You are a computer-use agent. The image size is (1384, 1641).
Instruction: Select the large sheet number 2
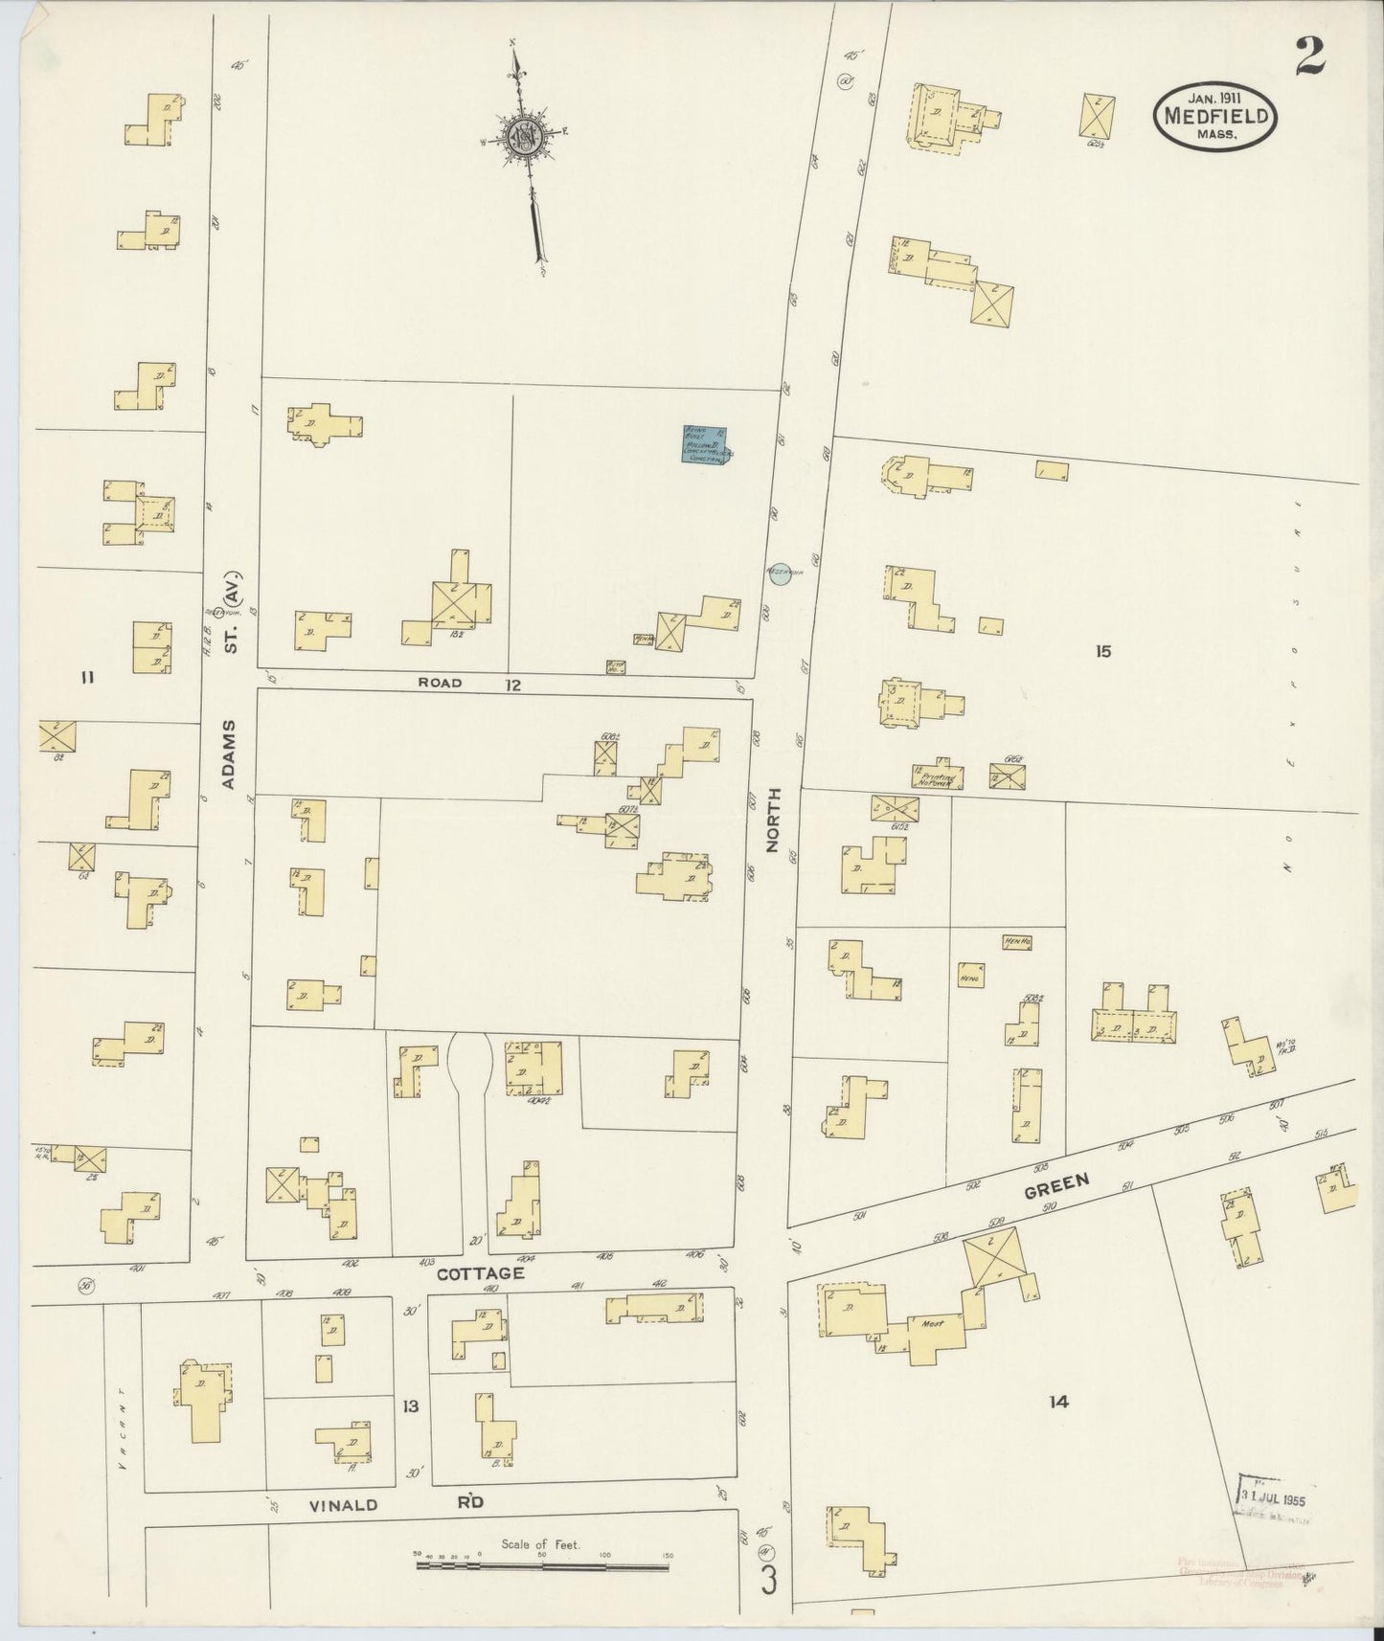point(1310,56)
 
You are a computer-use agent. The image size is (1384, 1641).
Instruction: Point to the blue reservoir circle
point(782,573)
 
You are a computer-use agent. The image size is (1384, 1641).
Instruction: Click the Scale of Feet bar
point(541,1567)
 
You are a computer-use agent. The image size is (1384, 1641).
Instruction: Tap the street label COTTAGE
point(480,1273)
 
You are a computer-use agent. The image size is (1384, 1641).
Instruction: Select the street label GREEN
point(1056,1186)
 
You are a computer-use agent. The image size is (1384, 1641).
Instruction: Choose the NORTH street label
point(774,820)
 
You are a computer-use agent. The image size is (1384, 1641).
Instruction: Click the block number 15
point(1103,652)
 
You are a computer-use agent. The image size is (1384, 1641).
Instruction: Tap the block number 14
point(1057,1402)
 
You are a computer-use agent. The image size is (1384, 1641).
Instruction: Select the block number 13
point(411,1406)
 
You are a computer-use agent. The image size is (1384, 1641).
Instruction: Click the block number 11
point(87,679)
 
